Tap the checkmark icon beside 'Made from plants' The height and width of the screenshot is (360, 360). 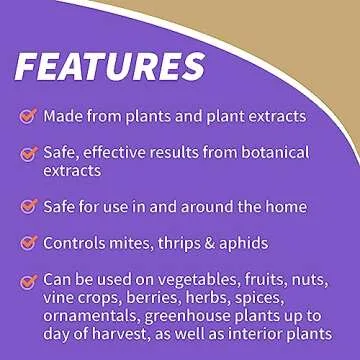[x=28, y=116]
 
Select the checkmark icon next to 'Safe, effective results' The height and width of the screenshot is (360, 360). [x=28, y=154]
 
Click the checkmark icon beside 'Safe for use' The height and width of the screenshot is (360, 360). [x=28, y=207]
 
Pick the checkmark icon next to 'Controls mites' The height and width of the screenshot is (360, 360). [x=28, y=243]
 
